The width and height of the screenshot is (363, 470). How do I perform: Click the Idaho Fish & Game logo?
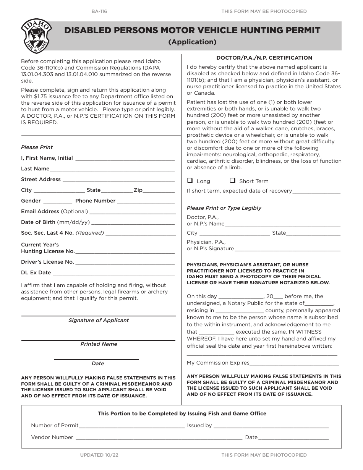point(36,36)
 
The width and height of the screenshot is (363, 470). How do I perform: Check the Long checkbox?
point(190,181)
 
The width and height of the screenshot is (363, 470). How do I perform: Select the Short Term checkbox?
point(232,181)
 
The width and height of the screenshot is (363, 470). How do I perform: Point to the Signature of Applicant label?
point(99,320)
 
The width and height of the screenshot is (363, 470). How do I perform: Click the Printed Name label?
point(99,344)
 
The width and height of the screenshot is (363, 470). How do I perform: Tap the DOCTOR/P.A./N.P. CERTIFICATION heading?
point(264,58)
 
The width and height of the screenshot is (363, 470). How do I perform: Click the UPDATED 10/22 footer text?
point(102,455)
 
